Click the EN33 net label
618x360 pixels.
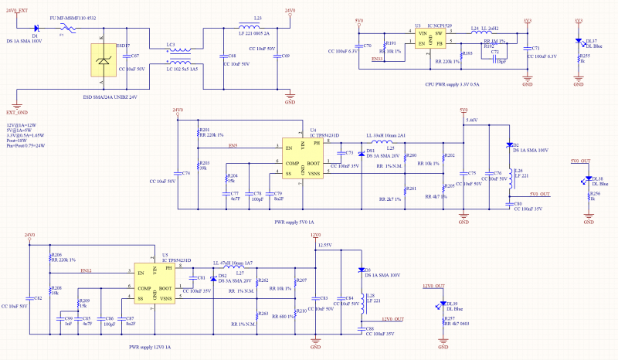tap(377, 58)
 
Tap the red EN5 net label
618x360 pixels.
tap(233, 145)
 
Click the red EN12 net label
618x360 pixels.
tap(85, 270)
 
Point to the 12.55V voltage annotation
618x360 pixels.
tap(324, 244)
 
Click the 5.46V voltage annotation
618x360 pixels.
tap(472, 121)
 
